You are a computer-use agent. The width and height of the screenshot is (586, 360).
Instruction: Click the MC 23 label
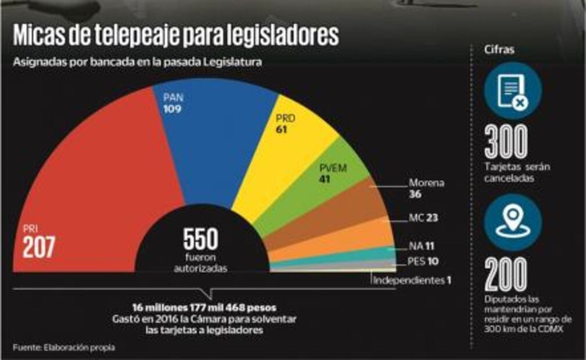click(x=422, y=218)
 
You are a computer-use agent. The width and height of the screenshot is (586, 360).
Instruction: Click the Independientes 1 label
click(x=412, y=280)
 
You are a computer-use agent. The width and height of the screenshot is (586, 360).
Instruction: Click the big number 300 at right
click(x=506, y=142)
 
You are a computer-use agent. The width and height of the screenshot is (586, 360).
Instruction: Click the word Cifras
click(x=499, y=50)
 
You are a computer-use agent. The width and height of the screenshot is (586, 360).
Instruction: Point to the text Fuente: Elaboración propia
click(x=64, y=347)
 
